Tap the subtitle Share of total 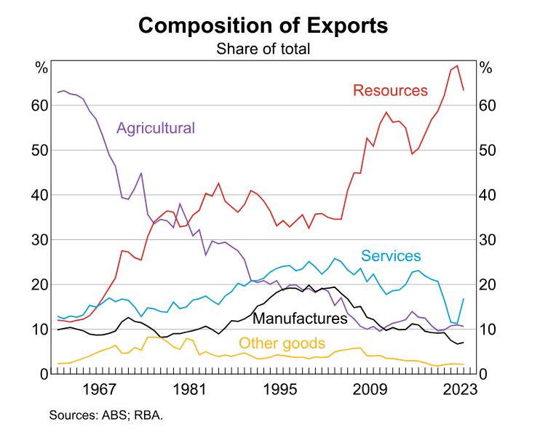click(263, 49)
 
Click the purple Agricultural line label click(156, 128)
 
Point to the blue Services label click(391, 255)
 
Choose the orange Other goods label click(282, 343)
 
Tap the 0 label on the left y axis click(44, 374)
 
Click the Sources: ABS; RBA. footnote click(106, 415)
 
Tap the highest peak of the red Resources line click(457, 65)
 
